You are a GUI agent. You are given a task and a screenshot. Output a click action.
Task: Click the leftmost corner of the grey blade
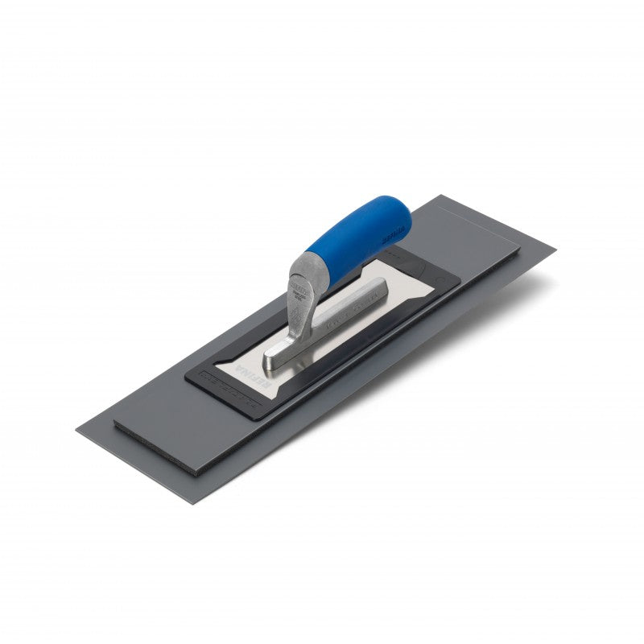coord(77,428)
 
